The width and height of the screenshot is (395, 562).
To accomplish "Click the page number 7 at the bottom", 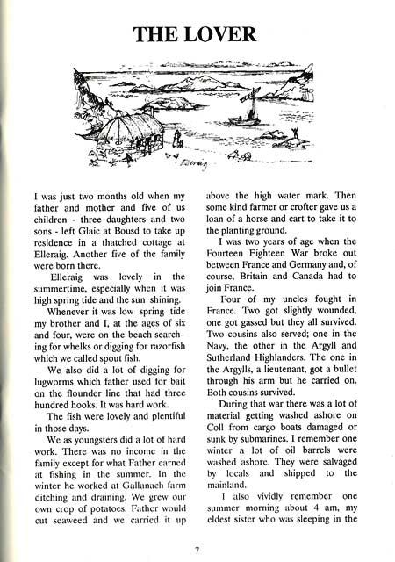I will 197,551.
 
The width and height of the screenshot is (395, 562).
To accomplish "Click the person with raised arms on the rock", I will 178,136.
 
